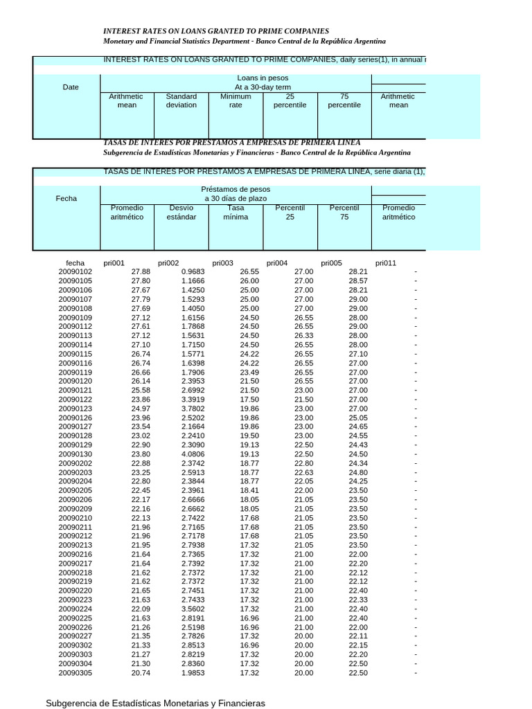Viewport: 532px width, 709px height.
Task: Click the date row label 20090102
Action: pyautogui.click(x=75, y=272)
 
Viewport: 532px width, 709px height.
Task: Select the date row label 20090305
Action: pyautogui.click(x=75, y=672)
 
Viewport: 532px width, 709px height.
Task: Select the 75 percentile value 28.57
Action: pyautogui.click(x=357, y=281)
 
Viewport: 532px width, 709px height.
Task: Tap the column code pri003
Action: pyautogui.click(x=222, y=263)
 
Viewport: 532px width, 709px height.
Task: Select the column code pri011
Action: pyautogui.click(x=386, y=263)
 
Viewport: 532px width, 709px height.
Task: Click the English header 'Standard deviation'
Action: pyautogui.click(x=181, y=101)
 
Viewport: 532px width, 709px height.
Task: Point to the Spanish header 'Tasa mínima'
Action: pyautogui.click(x=236, y=212)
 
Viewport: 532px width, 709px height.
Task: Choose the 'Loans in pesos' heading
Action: pyautogui.click(x=263, y=78)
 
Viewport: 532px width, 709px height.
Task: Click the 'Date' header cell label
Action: pyautogui.click(x=71, y=87)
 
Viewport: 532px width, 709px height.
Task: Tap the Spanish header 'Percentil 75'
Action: pyautogui.click(x=344, y=212)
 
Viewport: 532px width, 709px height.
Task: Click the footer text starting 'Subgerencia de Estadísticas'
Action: pyautogui.click(x=155, y=703)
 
